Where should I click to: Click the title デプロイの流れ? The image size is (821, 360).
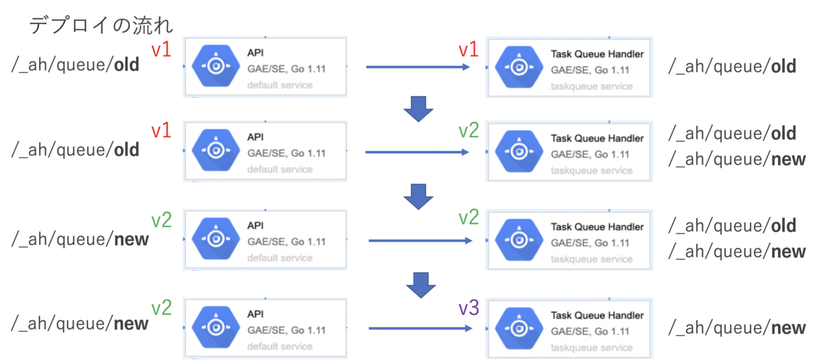101,25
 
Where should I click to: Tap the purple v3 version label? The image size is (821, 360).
469,307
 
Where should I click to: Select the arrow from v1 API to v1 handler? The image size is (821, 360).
418,67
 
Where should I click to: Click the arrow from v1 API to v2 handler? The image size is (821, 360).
417,152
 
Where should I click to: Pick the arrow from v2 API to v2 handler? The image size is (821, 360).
420,241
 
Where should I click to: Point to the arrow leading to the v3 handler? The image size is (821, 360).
420,329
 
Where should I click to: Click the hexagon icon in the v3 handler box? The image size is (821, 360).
519,328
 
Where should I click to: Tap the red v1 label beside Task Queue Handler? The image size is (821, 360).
469,49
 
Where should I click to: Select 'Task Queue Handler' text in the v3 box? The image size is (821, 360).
597,316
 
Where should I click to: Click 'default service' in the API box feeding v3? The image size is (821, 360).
280,346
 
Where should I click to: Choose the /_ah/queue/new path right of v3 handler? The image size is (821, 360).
737,328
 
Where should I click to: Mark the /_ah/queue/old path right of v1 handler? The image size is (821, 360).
732,66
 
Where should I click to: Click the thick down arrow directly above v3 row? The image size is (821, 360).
421,285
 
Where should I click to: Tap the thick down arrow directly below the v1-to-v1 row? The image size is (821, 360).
419,109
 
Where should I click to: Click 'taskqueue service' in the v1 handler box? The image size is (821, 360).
592,86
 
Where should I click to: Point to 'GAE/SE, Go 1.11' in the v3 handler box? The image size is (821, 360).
590,331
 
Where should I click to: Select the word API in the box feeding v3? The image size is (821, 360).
255,314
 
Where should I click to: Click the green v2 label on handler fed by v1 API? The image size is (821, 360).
469,130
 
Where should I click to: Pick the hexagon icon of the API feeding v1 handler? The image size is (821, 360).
216,66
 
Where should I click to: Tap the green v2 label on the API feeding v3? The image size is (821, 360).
161,307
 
